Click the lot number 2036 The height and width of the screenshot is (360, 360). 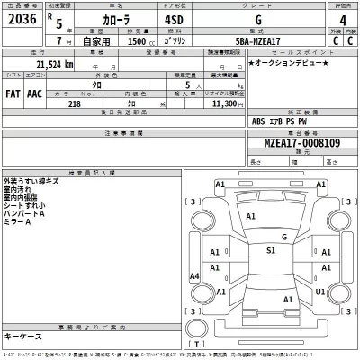click(x=22, y=20)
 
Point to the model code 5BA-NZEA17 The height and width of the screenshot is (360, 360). click(x=262, y=42)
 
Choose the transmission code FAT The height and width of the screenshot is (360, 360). click(x=13, y=92)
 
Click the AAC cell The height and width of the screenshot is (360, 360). click(x=33, y=92)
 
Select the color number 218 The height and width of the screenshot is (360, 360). click(x=74, y=103)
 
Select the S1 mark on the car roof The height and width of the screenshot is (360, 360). click(x=270, y=250)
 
